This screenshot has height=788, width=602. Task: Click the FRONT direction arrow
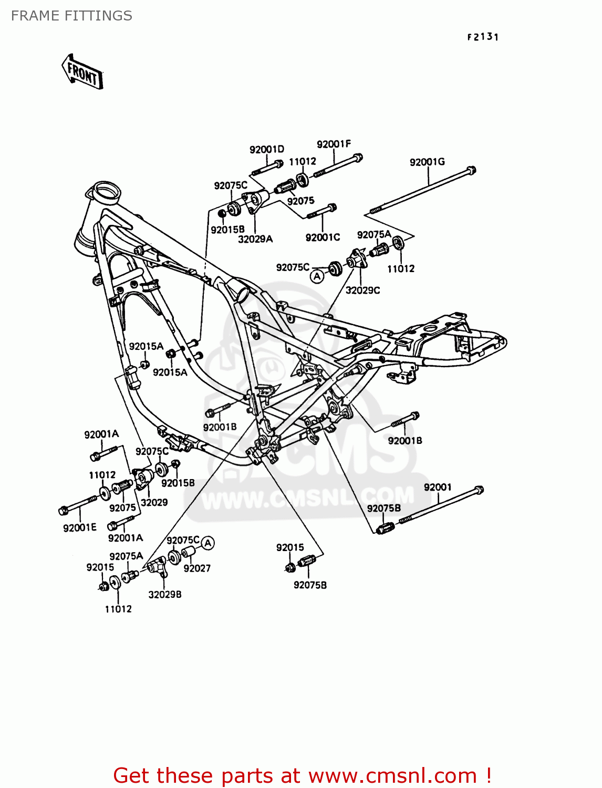(83, 71)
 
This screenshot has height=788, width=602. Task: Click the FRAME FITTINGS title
(71, 16)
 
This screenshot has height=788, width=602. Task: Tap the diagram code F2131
(483, 37)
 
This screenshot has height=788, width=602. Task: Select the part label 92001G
(427, 162)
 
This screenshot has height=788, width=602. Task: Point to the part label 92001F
(334, 144)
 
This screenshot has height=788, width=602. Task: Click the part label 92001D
(266, 150)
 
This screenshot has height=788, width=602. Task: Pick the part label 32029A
(255, 239)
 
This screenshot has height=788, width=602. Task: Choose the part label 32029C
(362, 290)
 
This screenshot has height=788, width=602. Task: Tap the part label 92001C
(323, 237)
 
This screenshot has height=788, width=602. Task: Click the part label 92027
(197, 568)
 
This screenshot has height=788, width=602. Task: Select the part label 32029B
(165, 595)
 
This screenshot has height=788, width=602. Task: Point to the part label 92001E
(80, 527)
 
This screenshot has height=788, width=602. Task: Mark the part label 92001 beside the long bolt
(438, 487)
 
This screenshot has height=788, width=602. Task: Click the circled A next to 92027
(208, 543)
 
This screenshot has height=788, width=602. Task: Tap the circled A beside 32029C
(317, 276)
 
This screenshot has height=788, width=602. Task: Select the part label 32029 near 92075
(154, 502)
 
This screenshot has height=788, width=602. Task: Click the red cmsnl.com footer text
(303, 775)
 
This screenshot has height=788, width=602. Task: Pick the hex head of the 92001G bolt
(471, 170)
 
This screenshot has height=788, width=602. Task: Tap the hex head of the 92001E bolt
(63, 510)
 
